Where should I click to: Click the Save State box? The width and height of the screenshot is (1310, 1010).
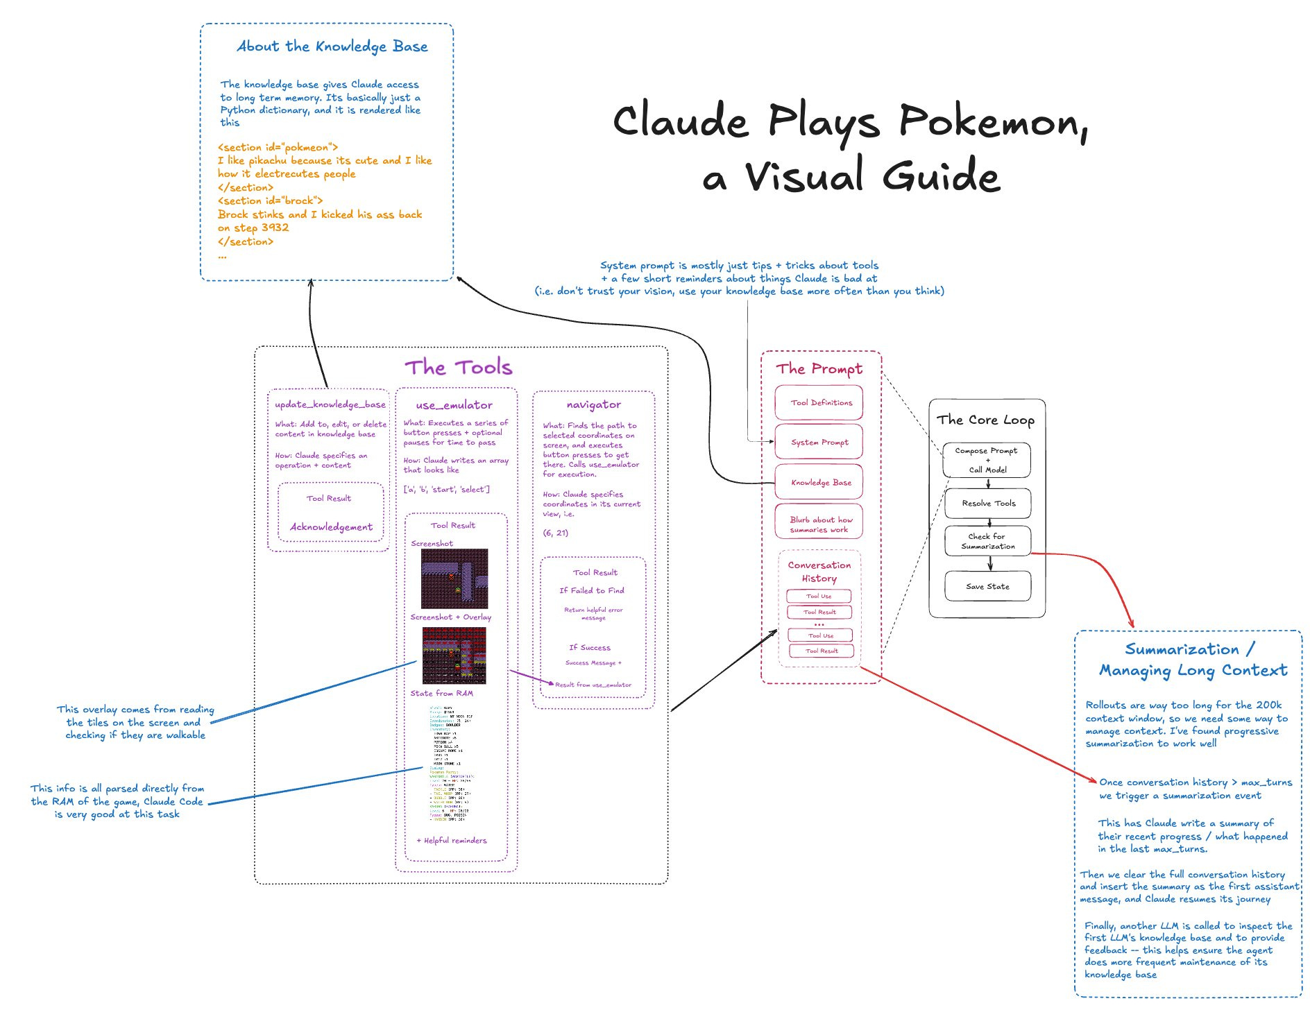987,586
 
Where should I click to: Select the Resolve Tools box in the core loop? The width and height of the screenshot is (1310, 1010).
987,504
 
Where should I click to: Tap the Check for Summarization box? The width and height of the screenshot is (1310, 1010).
987,541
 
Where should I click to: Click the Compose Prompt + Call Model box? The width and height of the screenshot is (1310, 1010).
986,460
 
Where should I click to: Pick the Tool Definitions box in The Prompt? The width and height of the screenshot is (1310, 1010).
819,403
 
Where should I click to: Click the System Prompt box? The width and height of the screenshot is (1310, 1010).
819,443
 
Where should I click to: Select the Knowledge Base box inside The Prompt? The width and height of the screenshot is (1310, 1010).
819,483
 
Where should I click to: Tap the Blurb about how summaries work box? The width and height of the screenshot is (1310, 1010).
819,524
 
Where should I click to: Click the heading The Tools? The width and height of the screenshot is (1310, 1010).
459,367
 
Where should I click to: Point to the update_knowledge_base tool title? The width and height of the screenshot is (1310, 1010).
330,404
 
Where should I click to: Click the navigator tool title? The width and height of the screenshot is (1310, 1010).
593,404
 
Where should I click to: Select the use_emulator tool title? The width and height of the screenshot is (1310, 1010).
454,405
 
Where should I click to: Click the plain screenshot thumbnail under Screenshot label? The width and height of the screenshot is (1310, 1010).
454,579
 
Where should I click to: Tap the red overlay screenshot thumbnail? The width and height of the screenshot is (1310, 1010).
454,656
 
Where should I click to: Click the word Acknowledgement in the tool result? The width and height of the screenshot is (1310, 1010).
331,527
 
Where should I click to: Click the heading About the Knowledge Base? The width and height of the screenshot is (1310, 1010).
332,46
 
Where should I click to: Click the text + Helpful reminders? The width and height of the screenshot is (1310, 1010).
452,840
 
